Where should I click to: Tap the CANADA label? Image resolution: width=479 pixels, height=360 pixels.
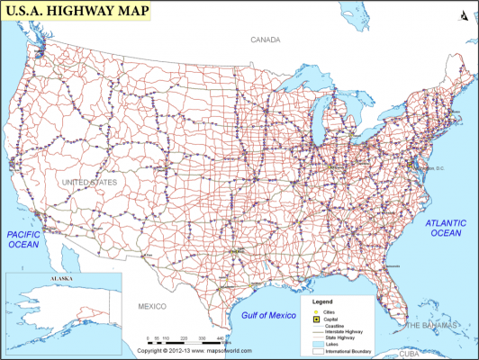266,40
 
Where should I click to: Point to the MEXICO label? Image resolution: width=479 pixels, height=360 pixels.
152,307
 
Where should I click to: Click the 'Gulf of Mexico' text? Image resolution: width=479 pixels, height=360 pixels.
268,315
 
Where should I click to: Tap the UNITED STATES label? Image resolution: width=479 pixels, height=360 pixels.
88,183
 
